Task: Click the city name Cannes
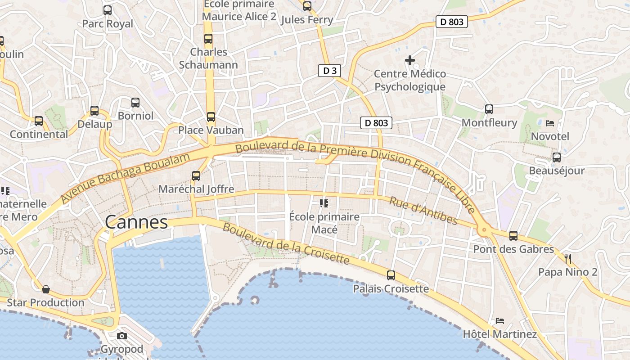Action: pos(136,222)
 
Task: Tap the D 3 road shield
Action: pos(329,71)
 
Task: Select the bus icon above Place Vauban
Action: pos(211,117)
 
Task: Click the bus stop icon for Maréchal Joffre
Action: pos(196,176)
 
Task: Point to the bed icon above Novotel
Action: pos(550,123)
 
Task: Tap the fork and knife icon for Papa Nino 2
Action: pos(567,258)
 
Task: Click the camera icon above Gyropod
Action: pos(121,336)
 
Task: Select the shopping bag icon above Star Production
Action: pos(45,289)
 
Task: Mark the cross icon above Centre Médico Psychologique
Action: pos(409,60)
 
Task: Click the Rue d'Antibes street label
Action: pos(423,211)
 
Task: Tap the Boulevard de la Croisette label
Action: pos(286,243)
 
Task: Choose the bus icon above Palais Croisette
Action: pos(391,275)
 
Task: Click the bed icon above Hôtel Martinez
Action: pos(499,321)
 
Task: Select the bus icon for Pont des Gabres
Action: pos(513,235)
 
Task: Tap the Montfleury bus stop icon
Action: pos(489,109)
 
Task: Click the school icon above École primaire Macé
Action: pos(324,203)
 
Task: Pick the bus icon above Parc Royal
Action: pos(108,10)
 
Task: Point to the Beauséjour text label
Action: pos(557,171)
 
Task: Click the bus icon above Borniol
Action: pos(135,102)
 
